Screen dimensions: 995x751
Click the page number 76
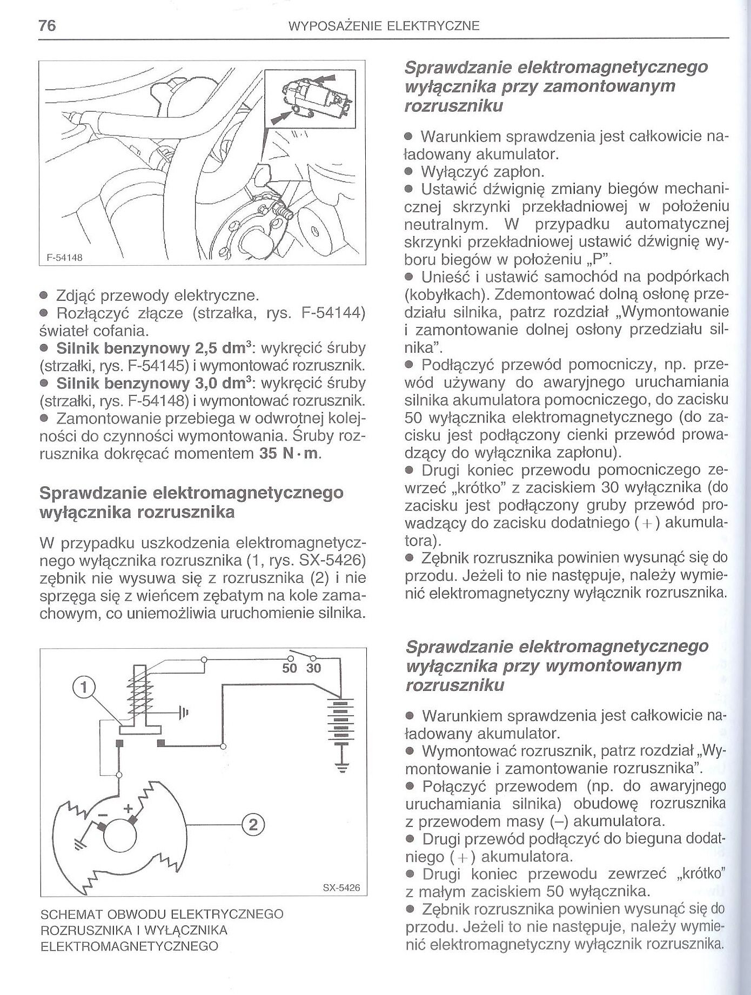click(47, 25)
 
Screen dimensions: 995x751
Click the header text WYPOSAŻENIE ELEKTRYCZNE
click(384, 26)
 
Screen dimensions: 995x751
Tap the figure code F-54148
click(64, 258)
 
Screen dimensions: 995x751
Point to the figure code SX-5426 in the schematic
click(341, 888)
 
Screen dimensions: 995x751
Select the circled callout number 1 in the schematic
click(84, 687)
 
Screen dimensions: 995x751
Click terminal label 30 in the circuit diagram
click(313, 669)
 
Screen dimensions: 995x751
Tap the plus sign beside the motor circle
click(129, 809)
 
